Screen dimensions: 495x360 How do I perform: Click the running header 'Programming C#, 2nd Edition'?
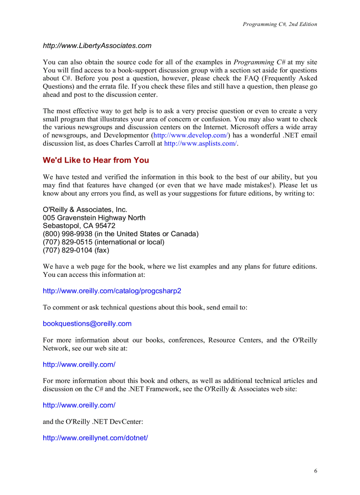[x=280, y=24]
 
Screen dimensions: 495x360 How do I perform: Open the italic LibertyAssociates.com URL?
[x=97, y=45]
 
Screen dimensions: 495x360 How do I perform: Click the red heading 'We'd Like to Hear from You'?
[x=96, y=160]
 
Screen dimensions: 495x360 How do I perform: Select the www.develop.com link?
[x=190, y=135]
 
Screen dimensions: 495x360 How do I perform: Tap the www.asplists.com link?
[x=200, y=143]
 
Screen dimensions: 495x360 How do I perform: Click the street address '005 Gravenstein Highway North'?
[x=94, y=218]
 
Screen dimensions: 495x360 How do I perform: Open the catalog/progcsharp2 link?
[x=112, y=291]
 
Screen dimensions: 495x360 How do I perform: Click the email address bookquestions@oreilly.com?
[x=87, y=324]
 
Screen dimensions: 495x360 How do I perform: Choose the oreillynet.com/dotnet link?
[x=95, y=438]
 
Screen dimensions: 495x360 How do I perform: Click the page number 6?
[x=315, y=471]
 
